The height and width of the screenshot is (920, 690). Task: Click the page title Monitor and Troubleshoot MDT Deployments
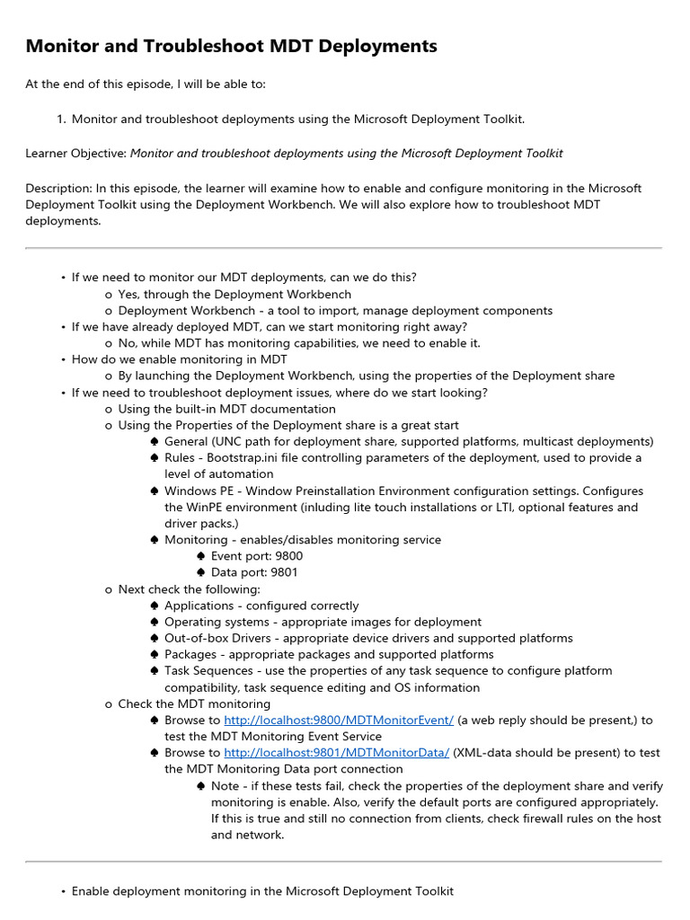(231, 46)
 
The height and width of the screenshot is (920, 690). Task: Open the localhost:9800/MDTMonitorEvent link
(339, 721)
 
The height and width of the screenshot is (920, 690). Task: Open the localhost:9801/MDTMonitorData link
(336, 753)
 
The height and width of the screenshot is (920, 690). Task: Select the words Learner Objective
(75, 154)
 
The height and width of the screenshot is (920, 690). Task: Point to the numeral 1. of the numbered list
(61, 119)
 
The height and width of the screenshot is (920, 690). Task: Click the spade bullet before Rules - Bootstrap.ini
(155, 458)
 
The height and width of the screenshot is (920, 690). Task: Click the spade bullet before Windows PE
(155, 491)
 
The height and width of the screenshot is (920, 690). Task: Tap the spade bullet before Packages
(155, 655)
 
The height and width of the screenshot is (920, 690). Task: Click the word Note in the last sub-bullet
(226, 786)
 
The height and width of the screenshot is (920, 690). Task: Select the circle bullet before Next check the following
(109, 589)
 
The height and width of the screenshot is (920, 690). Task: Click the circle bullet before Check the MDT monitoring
(109, 704)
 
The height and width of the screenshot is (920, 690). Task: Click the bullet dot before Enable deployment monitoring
(63, 892)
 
